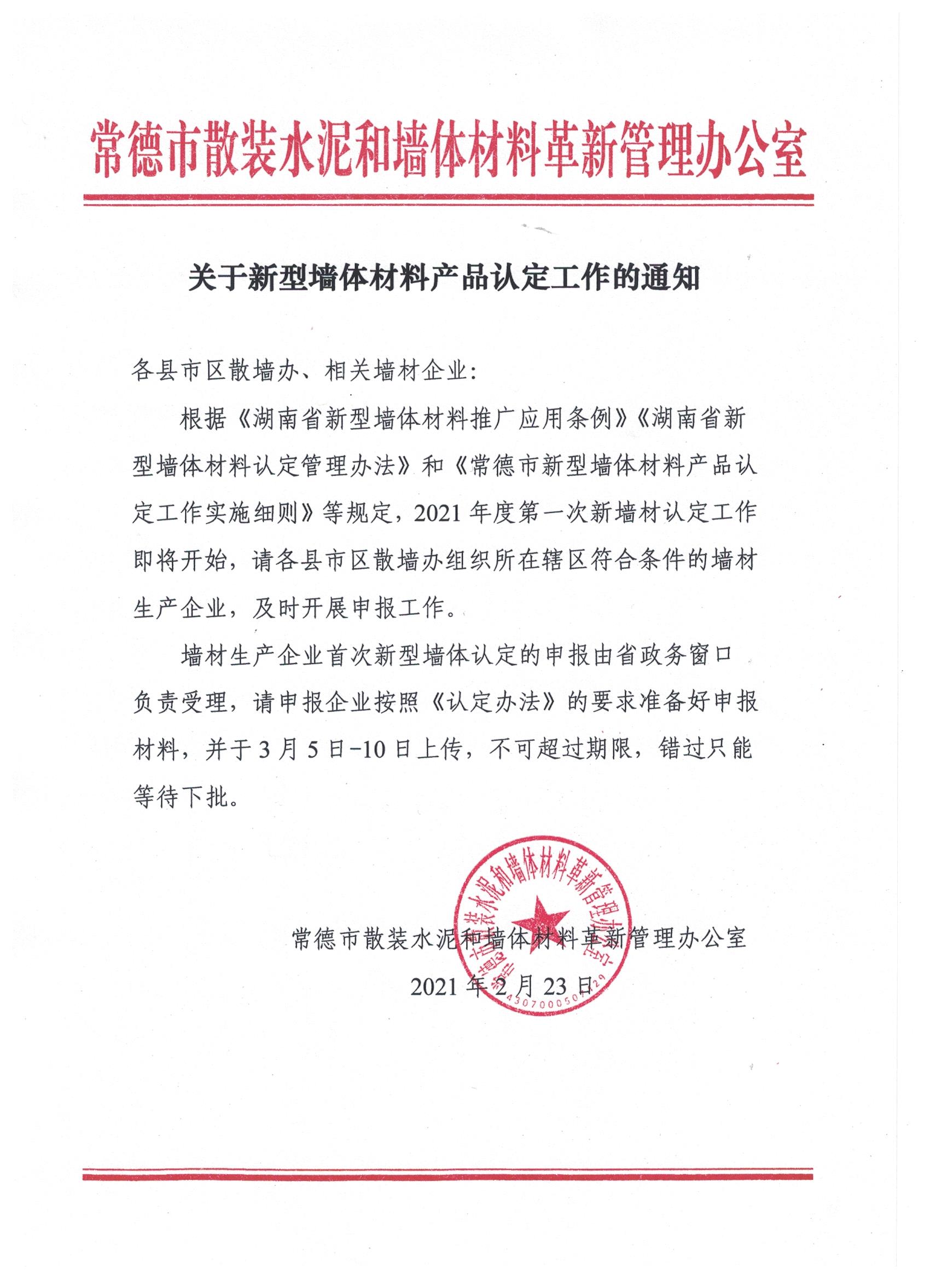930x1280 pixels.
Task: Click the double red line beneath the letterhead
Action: (449, 200)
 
